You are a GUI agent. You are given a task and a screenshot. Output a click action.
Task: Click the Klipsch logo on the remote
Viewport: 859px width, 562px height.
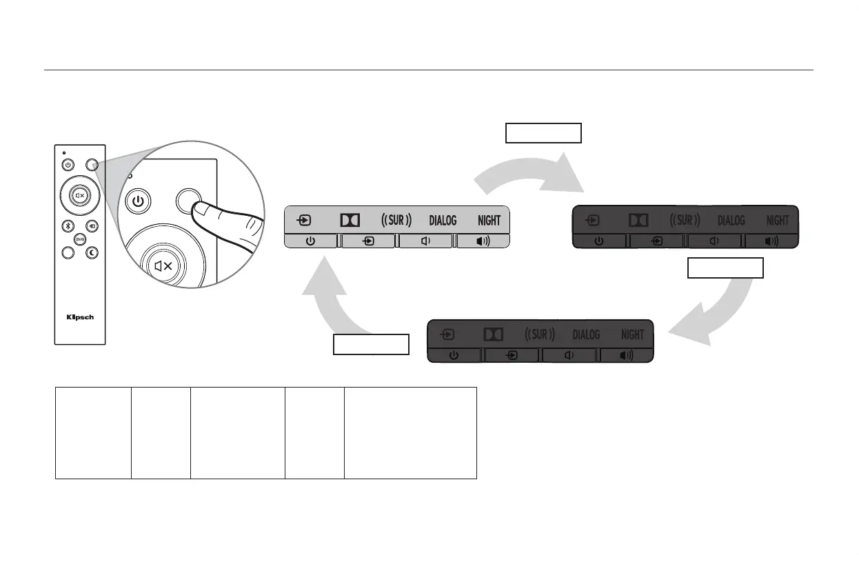[80, 318]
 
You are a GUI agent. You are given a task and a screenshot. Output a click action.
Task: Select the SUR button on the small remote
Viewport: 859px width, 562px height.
[80, 239]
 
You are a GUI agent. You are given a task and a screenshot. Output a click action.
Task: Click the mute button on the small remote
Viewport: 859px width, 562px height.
[80, 195]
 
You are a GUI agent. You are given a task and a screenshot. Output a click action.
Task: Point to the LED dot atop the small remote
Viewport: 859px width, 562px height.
[63, 152]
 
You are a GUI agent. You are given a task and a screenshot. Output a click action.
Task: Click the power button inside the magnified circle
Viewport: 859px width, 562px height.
[139, 202]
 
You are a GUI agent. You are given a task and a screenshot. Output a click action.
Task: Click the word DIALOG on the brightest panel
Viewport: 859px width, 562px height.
[443, 221]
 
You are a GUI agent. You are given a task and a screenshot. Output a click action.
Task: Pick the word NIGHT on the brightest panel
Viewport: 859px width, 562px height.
[489, 221]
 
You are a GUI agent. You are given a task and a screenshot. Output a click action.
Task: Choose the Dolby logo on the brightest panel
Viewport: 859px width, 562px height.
[350, 221]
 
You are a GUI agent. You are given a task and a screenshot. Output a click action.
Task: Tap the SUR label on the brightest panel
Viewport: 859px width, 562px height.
[396, 221]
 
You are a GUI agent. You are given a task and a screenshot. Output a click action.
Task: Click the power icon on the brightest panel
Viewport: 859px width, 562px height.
[311, 241]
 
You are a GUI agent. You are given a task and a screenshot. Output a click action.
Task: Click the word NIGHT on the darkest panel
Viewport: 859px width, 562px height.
[778, 221]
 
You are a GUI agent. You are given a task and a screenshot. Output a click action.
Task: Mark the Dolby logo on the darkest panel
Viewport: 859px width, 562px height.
[638, 221]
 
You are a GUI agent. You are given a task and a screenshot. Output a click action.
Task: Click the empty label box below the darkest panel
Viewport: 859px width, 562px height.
[725, 268]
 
